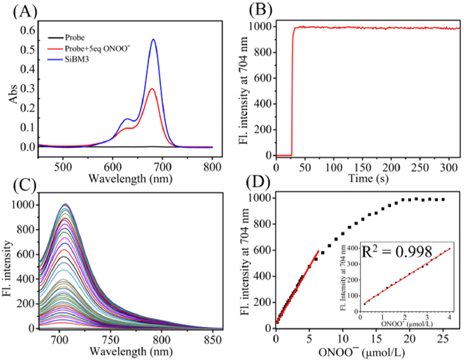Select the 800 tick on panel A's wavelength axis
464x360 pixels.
tap(213, 162)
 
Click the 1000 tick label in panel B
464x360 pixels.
tap(262, 27)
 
